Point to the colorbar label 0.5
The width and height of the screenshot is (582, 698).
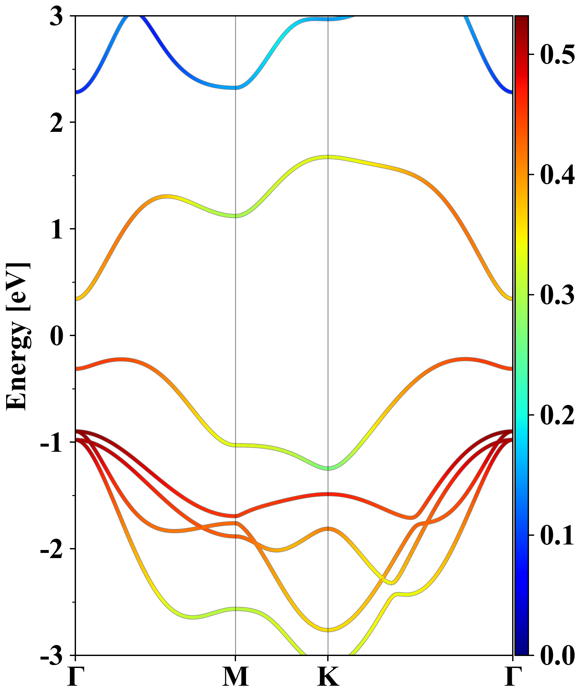557,55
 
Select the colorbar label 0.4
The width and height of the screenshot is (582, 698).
557,175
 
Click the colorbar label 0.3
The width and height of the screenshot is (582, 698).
557,295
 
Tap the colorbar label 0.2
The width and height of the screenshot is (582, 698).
557,415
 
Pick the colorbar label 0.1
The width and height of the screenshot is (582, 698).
557,535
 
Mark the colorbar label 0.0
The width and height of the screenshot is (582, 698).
557,655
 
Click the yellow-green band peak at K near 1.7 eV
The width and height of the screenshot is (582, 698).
328,157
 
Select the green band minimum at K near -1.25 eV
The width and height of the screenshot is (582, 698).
328,468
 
